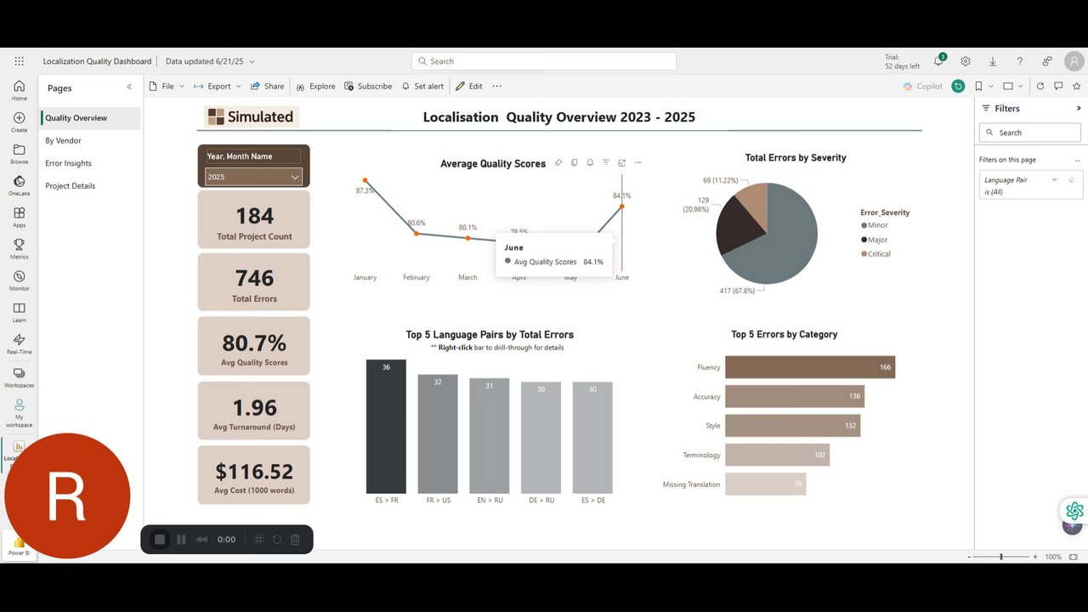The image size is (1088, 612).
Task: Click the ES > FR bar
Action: coord(386,426)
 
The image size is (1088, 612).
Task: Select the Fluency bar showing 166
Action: coord(809,367)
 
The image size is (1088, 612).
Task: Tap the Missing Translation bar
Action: coord(765,484)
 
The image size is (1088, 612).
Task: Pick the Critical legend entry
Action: coord(879,254)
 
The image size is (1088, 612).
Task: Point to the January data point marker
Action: coord(365,180)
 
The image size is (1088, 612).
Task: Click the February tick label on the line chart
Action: coord(416,278)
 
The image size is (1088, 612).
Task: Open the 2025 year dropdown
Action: coord(253,177)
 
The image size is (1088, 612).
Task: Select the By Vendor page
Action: coord(64,141)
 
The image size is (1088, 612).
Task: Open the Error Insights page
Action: coord(68,163)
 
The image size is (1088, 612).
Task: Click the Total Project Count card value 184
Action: coord(254,216)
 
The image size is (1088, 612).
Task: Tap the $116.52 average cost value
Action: coord(254,472)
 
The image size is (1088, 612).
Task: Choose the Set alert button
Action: coord(422,87)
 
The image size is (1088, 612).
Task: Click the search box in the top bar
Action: coord(544,61)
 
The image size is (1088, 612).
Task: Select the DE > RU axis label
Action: coord(541,501)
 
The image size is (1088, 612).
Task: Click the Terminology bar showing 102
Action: coord(777,455)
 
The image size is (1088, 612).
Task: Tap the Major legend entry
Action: coord(878,240)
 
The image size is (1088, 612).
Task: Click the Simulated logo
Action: coord(252,117)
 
